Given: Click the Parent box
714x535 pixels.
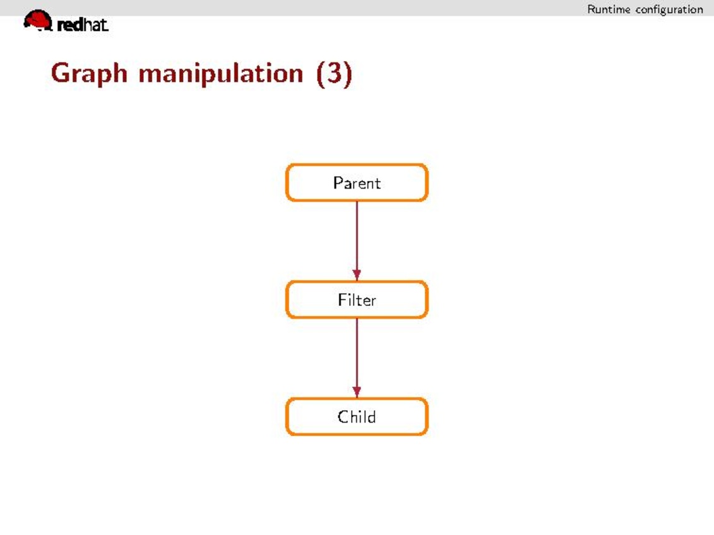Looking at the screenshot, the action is [357, 182].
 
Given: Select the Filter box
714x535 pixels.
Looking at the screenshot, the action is [357, 299].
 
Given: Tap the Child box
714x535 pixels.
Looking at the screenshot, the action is [357, 417].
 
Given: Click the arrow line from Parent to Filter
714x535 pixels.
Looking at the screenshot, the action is [357, 240].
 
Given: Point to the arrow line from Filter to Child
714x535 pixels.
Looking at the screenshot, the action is [357, 358].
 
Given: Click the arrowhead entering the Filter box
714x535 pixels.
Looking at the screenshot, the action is [357, 275].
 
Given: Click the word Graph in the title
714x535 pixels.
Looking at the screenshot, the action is [89, 74].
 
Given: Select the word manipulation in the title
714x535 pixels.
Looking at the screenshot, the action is [221, 73].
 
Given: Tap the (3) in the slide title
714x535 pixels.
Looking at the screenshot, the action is [334, 73].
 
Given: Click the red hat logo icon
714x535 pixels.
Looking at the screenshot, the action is [38, 20].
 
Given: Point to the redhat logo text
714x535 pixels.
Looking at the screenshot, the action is [83, 25].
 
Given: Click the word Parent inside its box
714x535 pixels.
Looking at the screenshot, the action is [357, 183].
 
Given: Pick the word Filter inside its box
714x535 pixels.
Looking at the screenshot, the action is [357, 300].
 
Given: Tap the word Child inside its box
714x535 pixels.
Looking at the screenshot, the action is [357, 417].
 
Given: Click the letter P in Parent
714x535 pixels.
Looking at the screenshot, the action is [338, 182].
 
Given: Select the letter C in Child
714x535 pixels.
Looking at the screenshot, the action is [342, 417].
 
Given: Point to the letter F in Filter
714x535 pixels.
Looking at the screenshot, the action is [342, 300].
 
